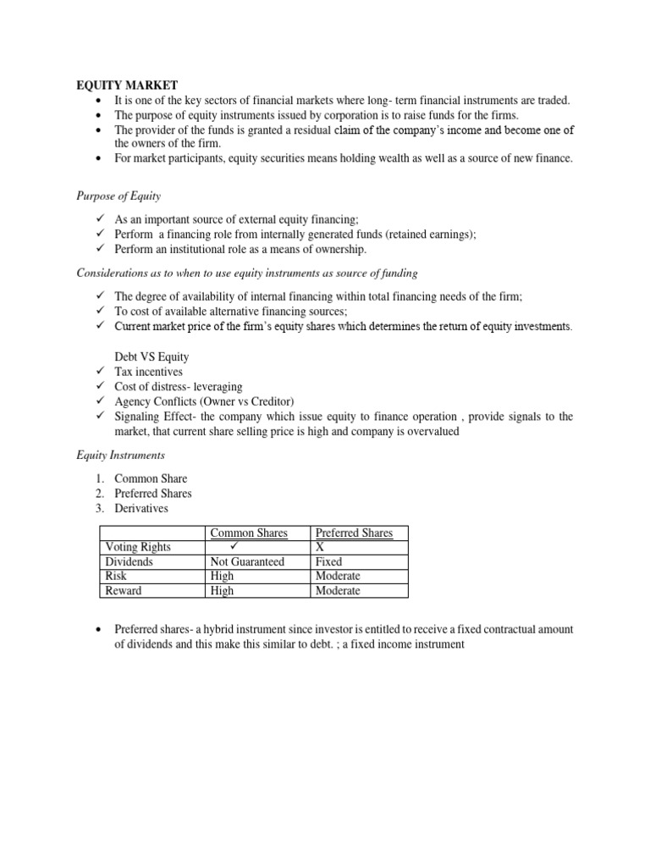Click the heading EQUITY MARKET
coord(123,85)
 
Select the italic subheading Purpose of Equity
coord(118,196)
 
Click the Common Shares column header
coord(248,533)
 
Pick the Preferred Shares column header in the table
coord(354,533)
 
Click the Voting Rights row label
coord(137,547)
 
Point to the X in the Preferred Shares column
coord(320,547)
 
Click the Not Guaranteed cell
coord(247,561)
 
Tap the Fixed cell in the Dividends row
coord(328,561)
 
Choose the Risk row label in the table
coord(116,576)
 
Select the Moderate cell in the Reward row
coord(337,590)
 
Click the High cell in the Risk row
coord(221,576)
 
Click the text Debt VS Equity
coord(151,356)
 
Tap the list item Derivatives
coord(141,508)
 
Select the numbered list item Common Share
coord(151,478)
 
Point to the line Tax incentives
coord(148,372)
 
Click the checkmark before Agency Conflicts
coord(99,401)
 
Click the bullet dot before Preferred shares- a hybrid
coord(100,630)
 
